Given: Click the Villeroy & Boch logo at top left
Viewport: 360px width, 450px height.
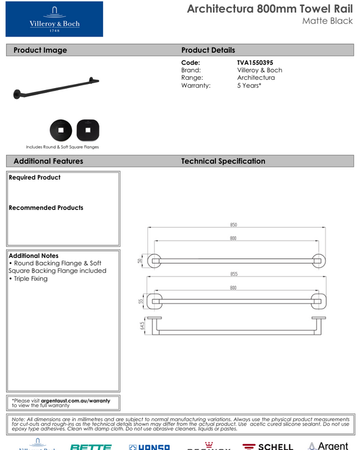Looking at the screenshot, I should click(x=54, y=19).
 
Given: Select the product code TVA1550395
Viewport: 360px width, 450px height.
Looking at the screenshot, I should click(x=259, y=62).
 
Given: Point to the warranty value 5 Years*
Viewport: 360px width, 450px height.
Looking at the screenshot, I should click(x=250, y=86).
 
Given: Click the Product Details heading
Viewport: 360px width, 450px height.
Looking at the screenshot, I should click(x=208, y=50).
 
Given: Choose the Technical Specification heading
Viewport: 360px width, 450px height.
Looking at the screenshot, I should click(x=223, y=161).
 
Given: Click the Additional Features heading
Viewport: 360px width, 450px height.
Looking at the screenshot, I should click(x=48, y=161).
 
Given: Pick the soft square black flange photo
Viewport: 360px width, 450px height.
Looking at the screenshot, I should click(x=88, y=129).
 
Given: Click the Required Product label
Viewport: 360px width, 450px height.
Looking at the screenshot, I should click(x=35, y=178).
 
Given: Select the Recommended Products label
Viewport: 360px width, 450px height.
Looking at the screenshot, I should click(x=46, y=208).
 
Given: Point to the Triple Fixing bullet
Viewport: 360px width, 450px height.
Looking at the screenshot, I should click(x=28, y=278).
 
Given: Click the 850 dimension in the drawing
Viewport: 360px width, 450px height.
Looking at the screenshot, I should click(x=233, y=225).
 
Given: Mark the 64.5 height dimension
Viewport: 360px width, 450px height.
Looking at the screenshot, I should click(x=142, y=326).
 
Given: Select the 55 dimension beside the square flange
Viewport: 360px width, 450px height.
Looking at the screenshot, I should click(x=142, y=301).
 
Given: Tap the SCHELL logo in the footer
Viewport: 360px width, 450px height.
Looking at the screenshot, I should click(x=268, y=446).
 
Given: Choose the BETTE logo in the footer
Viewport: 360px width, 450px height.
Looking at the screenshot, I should click(x=91, y=446).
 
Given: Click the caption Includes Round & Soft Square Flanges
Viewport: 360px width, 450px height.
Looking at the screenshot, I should click(x=62, y=147).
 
